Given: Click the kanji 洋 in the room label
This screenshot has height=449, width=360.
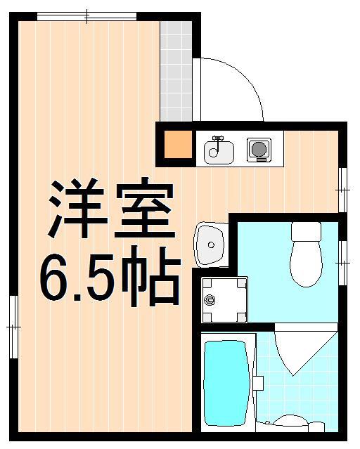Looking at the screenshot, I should click(73, 209).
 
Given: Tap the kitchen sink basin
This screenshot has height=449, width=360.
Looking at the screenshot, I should click(219, 151).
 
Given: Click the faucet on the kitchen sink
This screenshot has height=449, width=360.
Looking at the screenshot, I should click(218, 140).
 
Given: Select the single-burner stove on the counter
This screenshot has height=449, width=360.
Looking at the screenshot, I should click(258, 149).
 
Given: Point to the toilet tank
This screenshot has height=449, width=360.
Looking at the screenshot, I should click(306, 232).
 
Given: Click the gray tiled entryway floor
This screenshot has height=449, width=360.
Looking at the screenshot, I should click(176, 70).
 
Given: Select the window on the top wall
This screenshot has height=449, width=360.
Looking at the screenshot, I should click(86, 15).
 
